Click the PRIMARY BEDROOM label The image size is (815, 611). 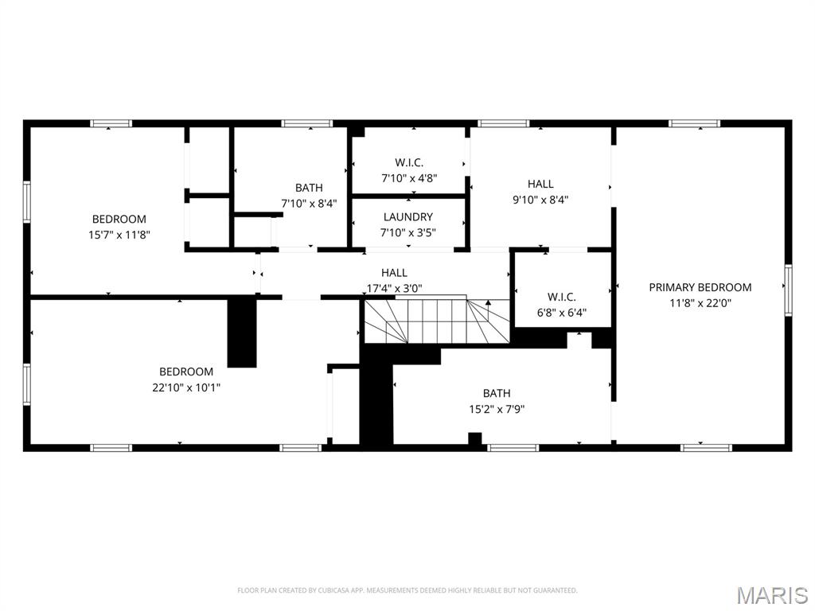(x=700, y=287)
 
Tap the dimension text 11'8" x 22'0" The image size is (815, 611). (x=700, y=302)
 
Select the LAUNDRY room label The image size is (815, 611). (x=407, y=216)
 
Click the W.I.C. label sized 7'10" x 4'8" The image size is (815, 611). (x=408, y=162)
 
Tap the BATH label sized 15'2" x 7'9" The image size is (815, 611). (x=496, y=393)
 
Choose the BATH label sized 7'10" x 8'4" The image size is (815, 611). (x=309, y=188)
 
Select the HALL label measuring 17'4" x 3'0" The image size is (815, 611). (x=394, y=273)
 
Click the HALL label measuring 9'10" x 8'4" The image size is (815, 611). (x=540, y=184)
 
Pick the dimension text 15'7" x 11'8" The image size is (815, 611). (x=119, y=235)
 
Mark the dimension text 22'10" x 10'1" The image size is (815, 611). (x=186, y=387)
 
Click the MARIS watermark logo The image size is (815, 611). (x=771, y=594)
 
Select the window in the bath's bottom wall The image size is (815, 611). (x=513, y=448)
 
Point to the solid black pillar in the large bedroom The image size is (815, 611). (x=242, y=333)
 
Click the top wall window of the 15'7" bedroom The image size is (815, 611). (x=111, y=123)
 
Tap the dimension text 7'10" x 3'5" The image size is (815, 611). (x=407, y=232)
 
